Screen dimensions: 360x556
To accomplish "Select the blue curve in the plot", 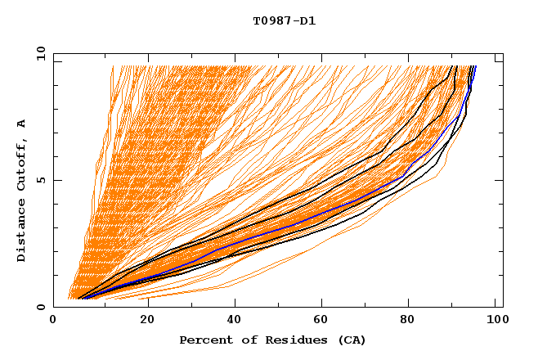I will (x=270, y=231).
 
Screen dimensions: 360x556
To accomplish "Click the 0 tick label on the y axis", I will (x=39, y=307).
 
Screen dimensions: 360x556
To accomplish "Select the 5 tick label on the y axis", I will (x=39, y=180).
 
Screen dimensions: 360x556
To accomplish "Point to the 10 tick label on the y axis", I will (x=38, y=53).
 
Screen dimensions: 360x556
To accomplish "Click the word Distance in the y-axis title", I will (x=21, y=231).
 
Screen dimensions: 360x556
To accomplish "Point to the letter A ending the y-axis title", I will (x=21, y=124).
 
